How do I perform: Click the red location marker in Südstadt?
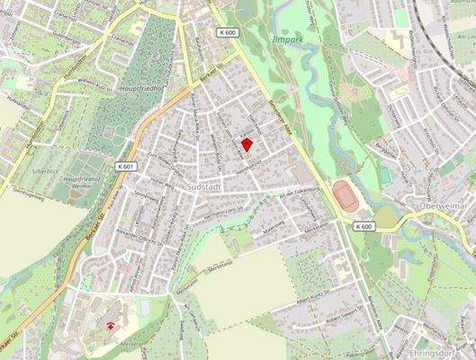248,144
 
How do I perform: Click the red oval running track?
345,195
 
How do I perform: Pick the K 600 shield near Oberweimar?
364,226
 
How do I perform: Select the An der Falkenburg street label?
300,193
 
